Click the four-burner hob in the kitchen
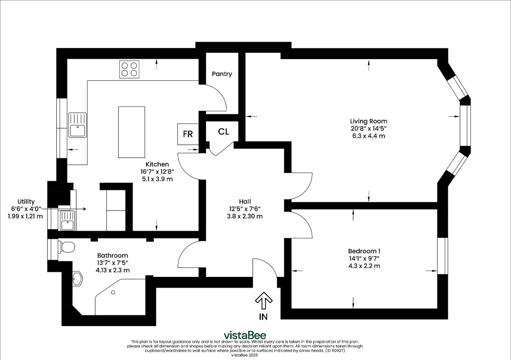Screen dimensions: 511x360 [x=129, y=69]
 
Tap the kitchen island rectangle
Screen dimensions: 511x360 [x=131, y=132]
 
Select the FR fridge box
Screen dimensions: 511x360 [x=188, y=134]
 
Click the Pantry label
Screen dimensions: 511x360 [x=222, y=74]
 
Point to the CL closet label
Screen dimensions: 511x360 [x=223, y=131]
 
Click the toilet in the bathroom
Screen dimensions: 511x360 [x=66, y=247]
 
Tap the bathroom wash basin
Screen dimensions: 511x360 [x=77, y=278]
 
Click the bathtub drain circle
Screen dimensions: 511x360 [x=113, y=292]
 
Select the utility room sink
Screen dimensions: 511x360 [x=67, y=221]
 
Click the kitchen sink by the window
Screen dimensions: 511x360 [x=77, y=125]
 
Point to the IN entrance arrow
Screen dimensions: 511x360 [x=264, y=300]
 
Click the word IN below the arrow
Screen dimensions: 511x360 [x=263, y=317]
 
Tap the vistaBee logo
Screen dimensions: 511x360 [x=245, y=335]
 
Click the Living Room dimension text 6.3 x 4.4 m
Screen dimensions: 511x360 [x=368, y=136]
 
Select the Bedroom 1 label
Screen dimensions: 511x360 [x=364, y=251]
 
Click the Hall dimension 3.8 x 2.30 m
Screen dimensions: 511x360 [x=245, y=216]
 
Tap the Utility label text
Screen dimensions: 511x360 [x=26, y=201]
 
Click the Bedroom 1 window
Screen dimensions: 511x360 [x=443, y=256]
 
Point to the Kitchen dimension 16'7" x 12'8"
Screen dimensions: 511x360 [x=157, y=171]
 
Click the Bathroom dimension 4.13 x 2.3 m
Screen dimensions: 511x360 [x=113, y=270]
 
